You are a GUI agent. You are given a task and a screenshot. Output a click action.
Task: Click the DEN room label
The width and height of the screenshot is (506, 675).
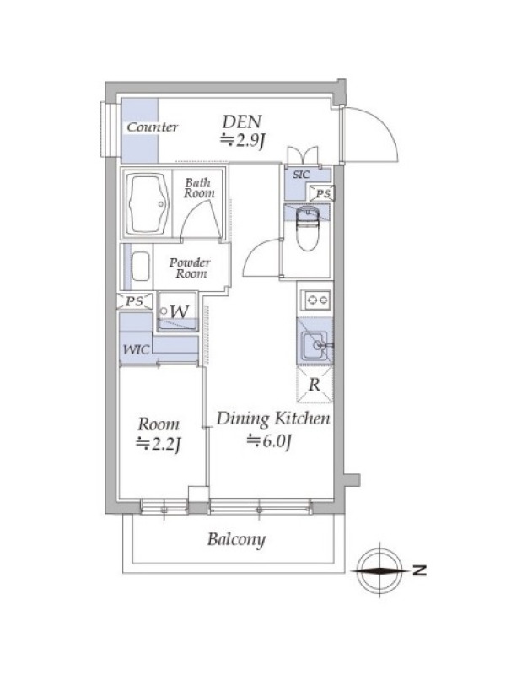242,121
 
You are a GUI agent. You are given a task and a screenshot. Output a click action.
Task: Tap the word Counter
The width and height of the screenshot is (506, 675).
153,127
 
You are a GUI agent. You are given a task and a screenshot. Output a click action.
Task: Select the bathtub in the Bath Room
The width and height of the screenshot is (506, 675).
148,203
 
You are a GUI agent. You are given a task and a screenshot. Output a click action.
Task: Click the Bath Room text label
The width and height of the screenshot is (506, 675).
199,188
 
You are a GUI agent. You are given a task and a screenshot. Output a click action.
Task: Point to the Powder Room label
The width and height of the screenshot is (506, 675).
190,267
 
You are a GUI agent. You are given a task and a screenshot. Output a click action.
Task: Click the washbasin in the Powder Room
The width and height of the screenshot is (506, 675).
140,267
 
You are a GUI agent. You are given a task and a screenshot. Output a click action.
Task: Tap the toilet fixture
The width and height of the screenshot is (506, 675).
307,228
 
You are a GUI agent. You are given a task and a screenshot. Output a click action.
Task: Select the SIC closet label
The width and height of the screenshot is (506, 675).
301,175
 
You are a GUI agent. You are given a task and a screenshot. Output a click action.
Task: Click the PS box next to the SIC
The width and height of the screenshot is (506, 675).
322,194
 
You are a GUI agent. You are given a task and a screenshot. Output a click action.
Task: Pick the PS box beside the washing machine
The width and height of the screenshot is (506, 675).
134,301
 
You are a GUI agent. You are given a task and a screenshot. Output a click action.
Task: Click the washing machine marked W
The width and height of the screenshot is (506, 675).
178,311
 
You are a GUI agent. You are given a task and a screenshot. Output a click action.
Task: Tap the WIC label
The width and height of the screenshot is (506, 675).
137,349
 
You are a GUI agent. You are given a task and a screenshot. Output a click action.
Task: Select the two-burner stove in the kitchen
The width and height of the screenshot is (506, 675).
316,300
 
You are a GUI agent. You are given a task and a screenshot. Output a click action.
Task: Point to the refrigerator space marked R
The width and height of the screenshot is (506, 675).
315,385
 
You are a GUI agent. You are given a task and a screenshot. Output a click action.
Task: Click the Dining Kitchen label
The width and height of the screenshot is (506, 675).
273,418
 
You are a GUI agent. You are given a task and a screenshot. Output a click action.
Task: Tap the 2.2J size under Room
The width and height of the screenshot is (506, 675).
158,444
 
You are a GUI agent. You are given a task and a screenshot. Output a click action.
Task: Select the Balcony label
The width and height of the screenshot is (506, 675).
236,539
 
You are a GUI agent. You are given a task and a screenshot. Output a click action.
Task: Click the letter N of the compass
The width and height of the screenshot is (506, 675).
419,570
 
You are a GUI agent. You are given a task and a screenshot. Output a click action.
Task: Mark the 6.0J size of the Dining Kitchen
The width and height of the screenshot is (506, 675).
270,441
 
